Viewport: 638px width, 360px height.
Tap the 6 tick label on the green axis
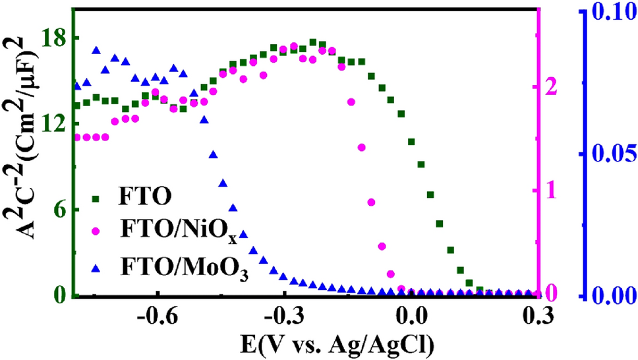(57, 210)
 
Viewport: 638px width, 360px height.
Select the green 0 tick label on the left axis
(57, 295)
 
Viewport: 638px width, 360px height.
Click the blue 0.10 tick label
(612, 14)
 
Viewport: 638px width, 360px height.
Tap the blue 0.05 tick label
(612, 154)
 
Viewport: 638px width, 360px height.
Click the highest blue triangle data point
(96, 51)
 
